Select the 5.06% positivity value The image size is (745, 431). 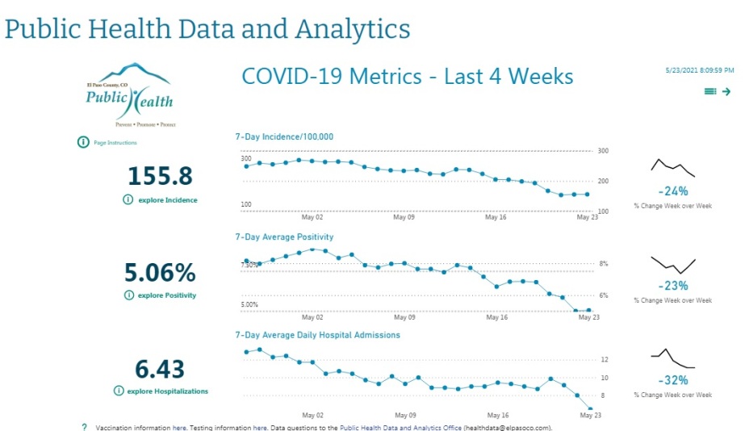tap(161, 271)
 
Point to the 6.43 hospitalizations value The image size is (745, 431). tap(161, 368)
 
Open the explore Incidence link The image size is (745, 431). tap(167, 199)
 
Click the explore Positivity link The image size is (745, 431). tap(166, 295)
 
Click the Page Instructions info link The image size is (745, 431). tap(115, 143)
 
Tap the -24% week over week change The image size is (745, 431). tap(672, 191)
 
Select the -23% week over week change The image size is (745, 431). tap(672, 285)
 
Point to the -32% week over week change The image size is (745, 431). tap(672, 380)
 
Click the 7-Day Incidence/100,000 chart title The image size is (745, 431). tap(284, 137)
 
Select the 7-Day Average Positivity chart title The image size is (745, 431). tap(284, 237)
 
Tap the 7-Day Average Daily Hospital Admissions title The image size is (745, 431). tap(317, 335)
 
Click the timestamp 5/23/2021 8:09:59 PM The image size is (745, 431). tap(697, 71)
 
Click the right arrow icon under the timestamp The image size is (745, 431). tap(726, 92)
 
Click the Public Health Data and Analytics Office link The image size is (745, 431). tap(400, 427)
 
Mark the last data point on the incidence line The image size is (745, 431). tap(587, 194)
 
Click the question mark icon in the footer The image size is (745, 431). tap(84, 427)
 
